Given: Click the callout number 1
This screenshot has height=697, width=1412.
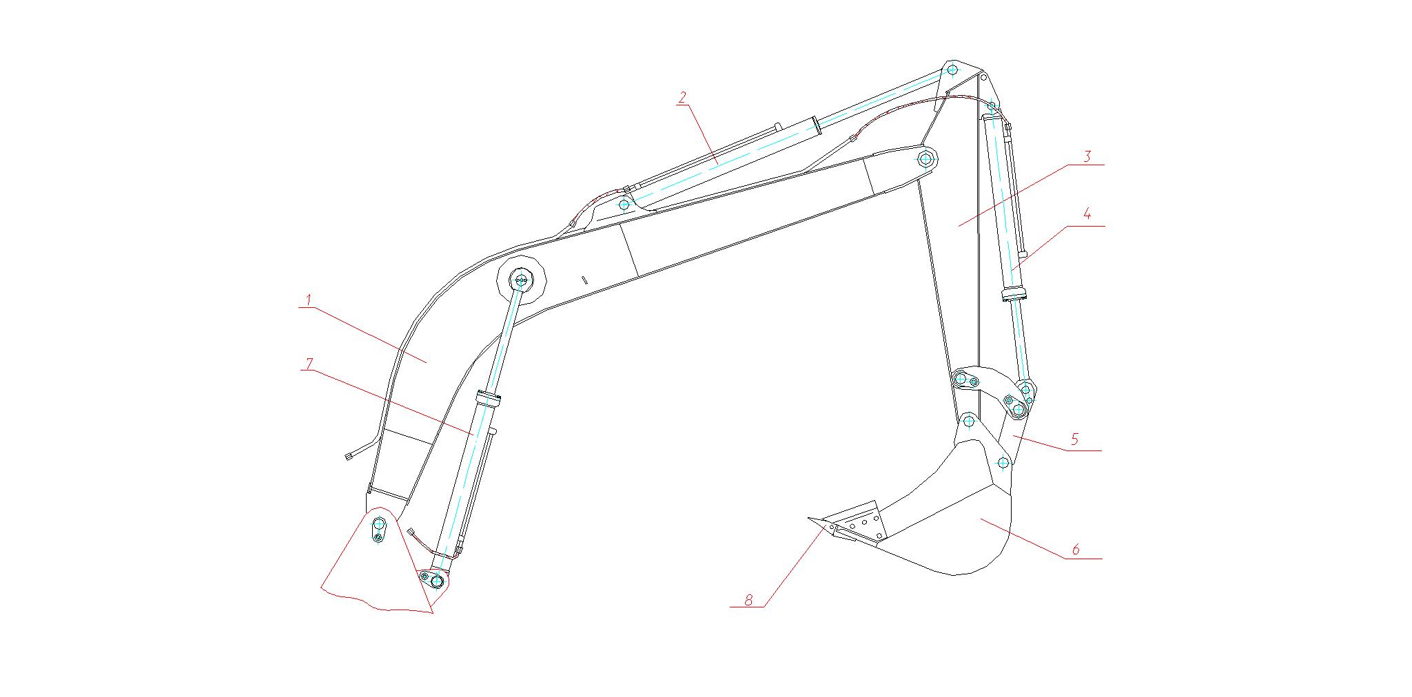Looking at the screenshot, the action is coord(309,300).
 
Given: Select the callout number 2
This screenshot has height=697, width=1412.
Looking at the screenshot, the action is coord(682,98).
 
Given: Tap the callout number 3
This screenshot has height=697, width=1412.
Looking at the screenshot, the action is coord(1087,156).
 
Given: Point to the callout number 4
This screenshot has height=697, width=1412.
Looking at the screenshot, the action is coord(1087,214).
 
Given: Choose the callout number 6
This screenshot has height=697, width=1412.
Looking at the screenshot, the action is coord(1076,550).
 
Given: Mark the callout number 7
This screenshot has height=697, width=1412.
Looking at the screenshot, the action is coord(309,362).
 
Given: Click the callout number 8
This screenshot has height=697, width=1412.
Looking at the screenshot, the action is coord(748,599).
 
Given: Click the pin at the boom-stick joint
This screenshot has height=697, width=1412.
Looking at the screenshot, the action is coord(925,160).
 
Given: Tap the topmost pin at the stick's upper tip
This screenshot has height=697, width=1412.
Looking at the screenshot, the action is coord(952,70).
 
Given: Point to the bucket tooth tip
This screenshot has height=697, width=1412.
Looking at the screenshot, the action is coord(808,518).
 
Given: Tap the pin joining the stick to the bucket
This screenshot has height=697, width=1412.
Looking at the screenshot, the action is coord(968,421).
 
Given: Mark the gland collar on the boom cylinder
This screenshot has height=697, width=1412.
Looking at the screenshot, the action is coord(488,397).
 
